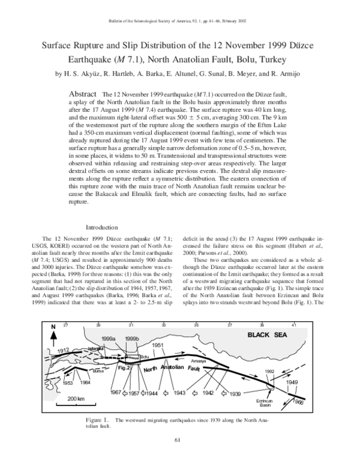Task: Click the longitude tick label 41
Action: pyautogui.click(x=293, y=324)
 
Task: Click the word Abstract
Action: pyautogui.click(x=84, y=95)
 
